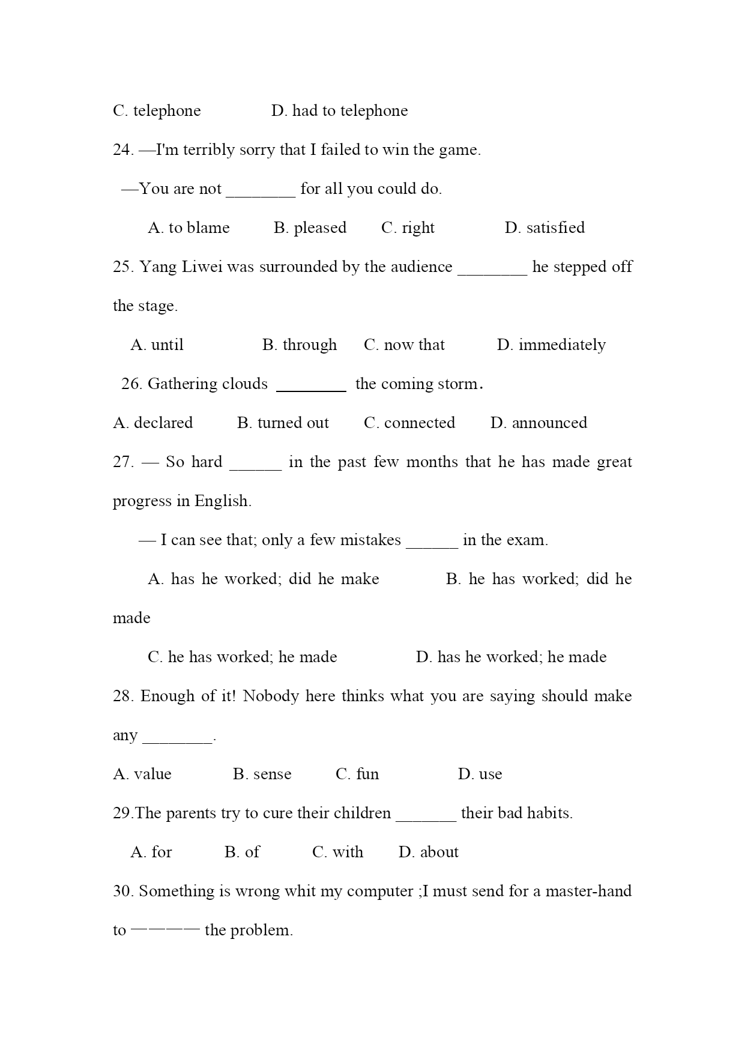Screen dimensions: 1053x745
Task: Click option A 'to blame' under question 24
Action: (189, 228)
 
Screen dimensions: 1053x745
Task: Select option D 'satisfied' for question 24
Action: (544, 228)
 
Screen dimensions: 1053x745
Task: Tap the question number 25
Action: (122, 267)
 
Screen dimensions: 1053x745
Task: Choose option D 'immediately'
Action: (551, 345)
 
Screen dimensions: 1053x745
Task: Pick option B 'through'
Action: (300, 345)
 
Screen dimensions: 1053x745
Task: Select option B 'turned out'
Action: (283, 423)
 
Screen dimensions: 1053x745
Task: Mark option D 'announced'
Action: (538, 423)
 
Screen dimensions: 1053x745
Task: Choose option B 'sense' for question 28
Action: (262, 774)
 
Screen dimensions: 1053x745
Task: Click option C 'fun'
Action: (357, 774)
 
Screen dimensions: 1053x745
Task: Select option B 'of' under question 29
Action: (242, 852)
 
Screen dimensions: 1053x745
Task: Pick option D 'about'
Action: (429, 852)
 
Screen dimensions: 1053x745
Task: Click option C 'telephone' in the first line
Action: (157, 111)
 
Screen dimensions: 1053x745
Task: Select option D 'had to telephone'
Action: (339, 111)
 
